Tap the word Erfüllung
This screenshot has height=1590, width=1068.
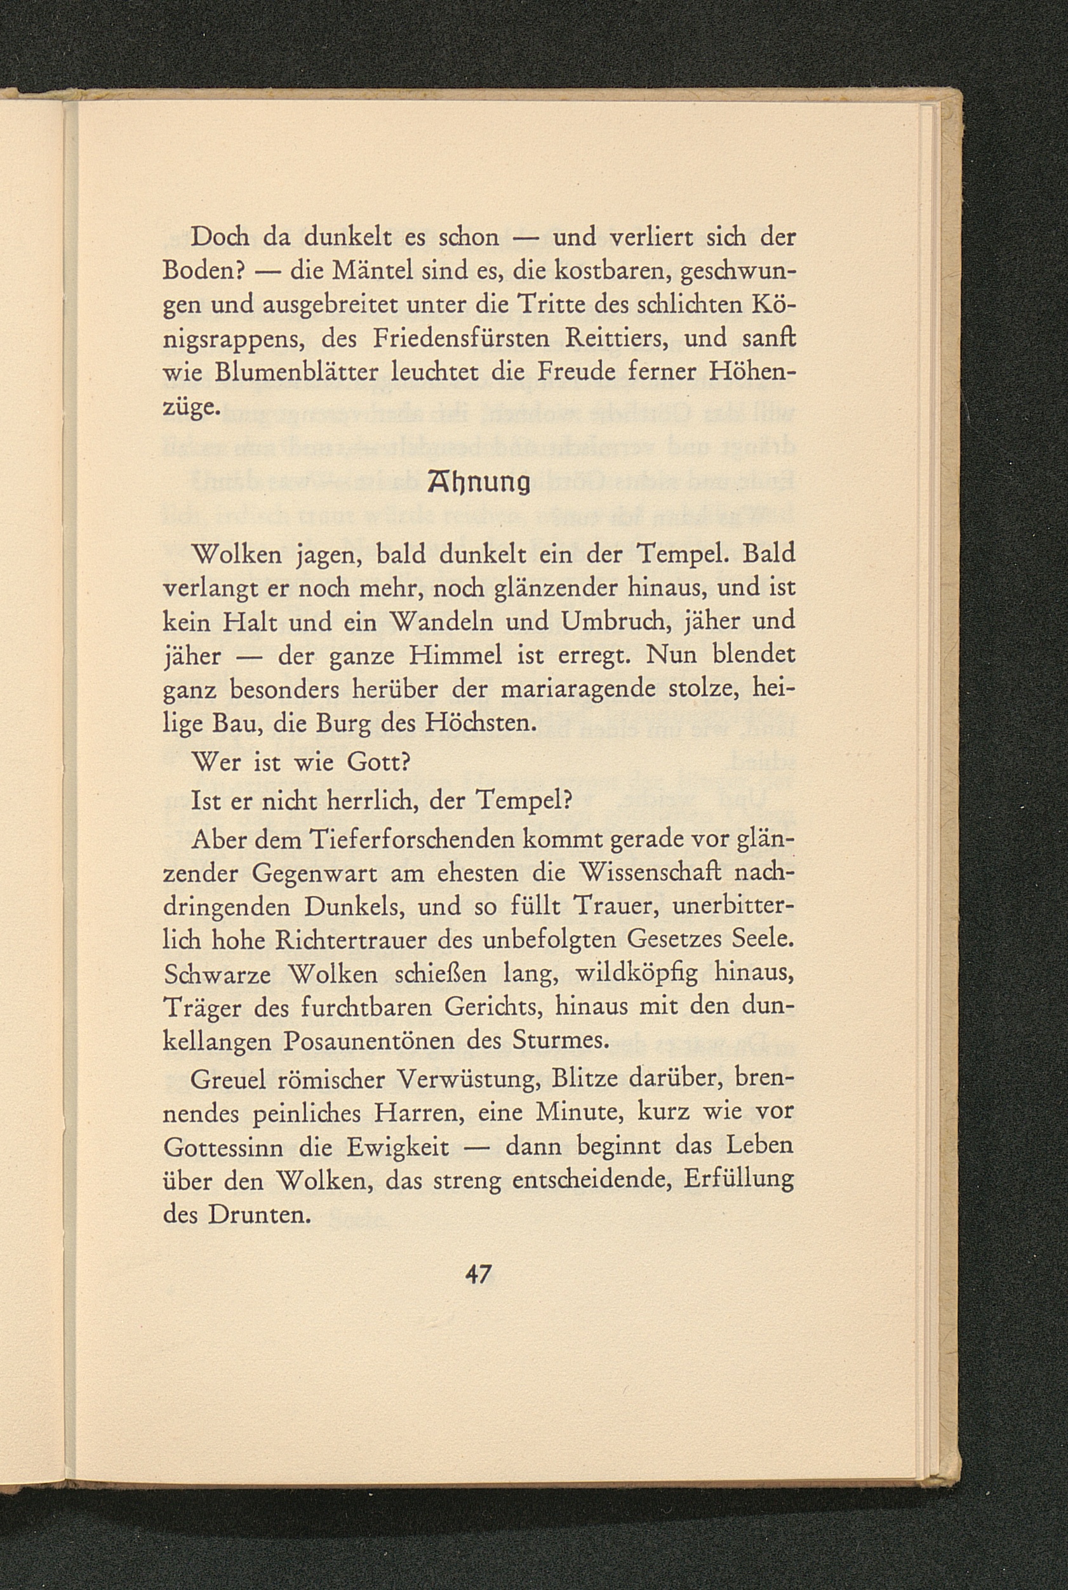(738, 1182)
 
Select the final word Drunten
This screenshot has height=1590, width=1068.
(260, 1216)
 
